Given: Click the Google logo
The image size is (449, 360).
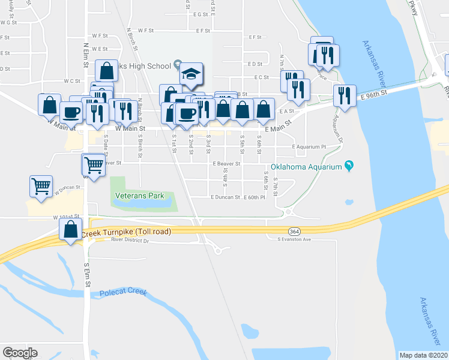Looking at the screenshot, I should pos(20,353).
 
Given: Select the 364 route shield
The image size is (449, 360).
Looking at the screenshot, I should pos(294,232).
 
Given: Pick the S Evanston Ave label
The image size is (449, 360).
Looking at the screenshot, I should pos(294,239).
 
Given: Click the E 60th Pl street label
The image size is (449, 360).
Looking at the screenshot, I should pos(255,197).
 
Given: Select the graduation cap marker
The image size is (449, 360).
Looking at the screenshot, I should pos(191,74).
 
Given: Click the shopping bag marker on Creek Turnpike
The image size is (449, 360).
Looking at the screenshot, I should pos(71,230).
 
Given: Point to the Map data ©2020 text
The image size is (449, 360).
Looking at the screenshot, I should pos(423,355).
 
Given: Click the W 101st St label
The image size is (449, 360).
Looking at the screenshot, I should pos(66,217).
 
